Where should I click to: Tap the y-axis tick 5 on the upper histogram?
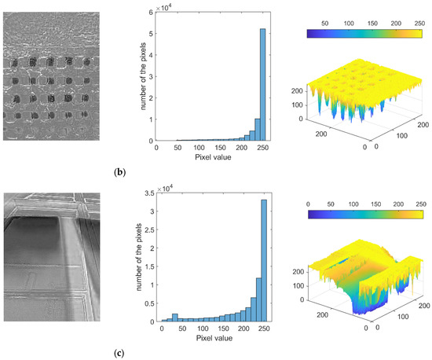151,33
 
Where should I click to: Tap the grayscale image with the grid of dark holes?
51,76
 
